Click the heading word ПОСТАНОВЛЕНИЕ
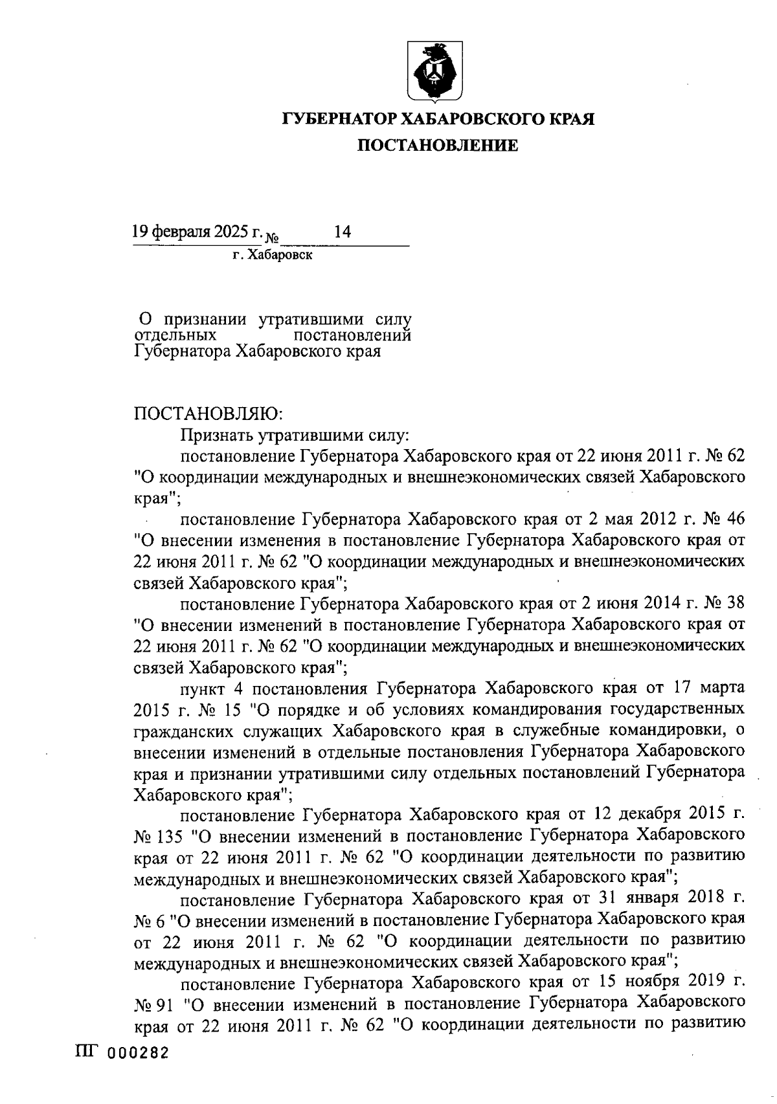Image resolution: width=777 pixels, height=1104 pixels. pyautogui.click(x=438, y=146)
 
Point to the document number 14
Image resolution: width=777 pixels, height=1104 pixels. pyautogui.click(x=342, y=232)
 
